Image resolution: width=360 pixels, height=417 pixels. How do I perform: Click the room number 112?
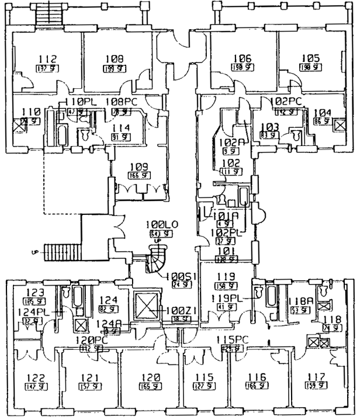click(x=47, y=58)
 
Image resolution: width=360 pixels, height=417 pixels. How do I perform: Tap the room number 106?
click(x=244, y=58)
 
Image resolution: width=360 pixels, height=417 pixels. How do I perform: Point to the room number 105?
click(x=311, y=58)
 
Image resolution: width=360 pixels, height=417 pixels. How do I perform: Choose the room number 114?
click(x=120, y=128)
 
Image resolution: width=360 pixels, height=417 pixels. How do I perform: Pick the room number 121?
click(x=87, y=378)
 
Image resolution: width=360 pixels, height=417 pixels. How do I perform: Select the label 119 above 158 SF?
click(x=226, y=277)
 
